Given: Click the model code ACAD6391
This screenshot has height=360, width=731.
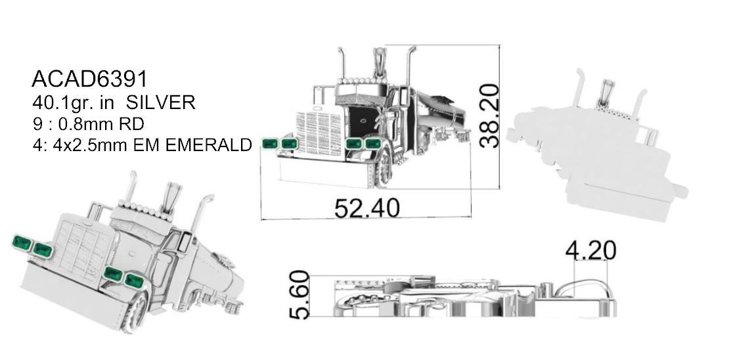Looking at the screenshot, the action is tap(89, 79).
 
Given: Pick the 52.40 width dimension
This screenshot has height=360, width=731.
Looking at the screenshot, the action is tap(367, 208).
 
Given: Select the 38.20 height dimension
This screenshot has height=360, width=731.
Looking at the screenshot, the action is tap(489, 116).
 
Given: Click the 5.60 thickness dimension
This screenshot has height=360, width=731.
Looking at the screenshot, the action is tap(299, 295).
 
